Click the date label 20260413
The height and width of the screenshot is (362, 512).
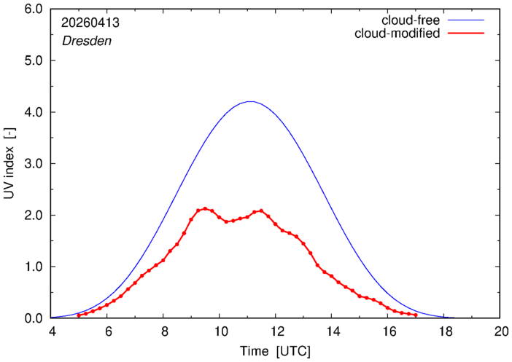(90, 23)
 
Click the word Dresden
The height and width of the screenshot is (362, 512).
(87, 41)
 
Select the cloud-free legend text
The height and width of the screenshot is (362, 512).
(411, 20)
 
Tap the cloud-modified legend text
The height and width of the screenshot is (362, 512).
(397, 34)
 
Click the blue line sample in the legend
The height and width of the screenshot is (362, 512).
(466, 20)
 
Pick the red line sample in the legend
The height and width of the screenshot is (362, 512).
(466, 34)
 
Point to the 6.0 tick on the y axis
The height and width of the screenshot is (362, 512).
(34, 9)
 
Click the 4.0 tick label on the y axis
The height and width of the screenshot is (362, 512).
(34, 112)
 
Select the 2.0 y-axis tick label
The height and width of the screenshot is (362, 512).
(34, 216)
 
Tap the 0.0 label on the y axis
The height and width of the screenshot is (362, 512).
(34, 318)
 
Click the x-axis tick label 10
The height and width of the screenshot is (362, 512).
(220, 331)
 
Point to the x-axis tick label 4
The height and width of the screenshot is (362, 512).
(53, 331)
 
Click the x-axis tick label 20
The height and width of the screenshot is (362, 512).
(501, 331)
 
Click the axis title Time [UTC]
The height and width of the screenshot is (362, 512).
(275, 352)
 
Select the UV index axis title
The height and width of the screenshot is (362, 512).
(9, 163)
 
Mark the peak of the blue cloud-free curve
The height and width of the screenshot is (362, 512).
(250, 101)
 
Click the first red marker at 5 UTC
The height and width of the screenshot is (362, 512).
(79, 315)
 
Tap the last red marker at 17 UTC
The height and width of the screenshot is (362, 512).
(416, 315)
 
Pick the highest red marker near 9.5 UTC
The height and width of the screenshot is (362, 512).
(205, 208)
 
